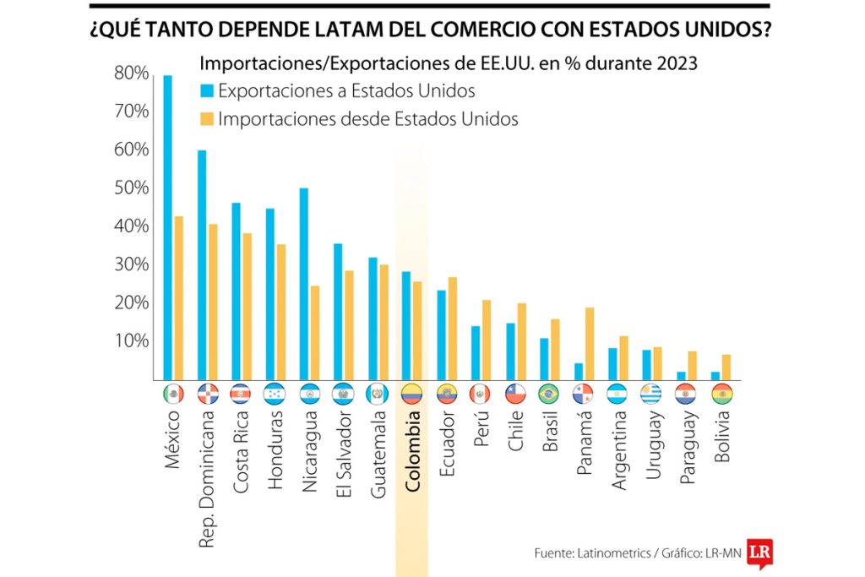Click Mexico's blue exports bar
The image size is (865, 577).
(x=167, y=228)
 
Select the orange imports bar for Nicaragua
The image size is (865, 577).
(x=315, y=333)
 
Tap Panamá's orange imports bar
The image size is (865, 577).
(x=590, y=344)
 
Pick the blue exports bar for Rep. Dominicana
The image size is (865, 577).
(x=202, y=265)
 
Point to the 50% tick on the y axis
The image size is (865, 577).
(x=131, y=188)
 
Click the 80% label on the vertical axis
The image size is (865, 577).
(x=131, y=73)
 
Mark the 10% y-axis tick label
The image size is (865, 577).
(x=131, y=340)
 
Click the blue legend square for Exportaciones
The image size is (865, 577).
(x=207, y=91)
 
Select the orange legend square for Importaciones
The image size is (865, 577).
(x=207, y=119)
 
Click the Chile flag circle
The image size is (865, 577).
(x=515, y=394)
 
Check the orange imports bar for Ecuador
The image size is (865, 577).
(x=452, y=329)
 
